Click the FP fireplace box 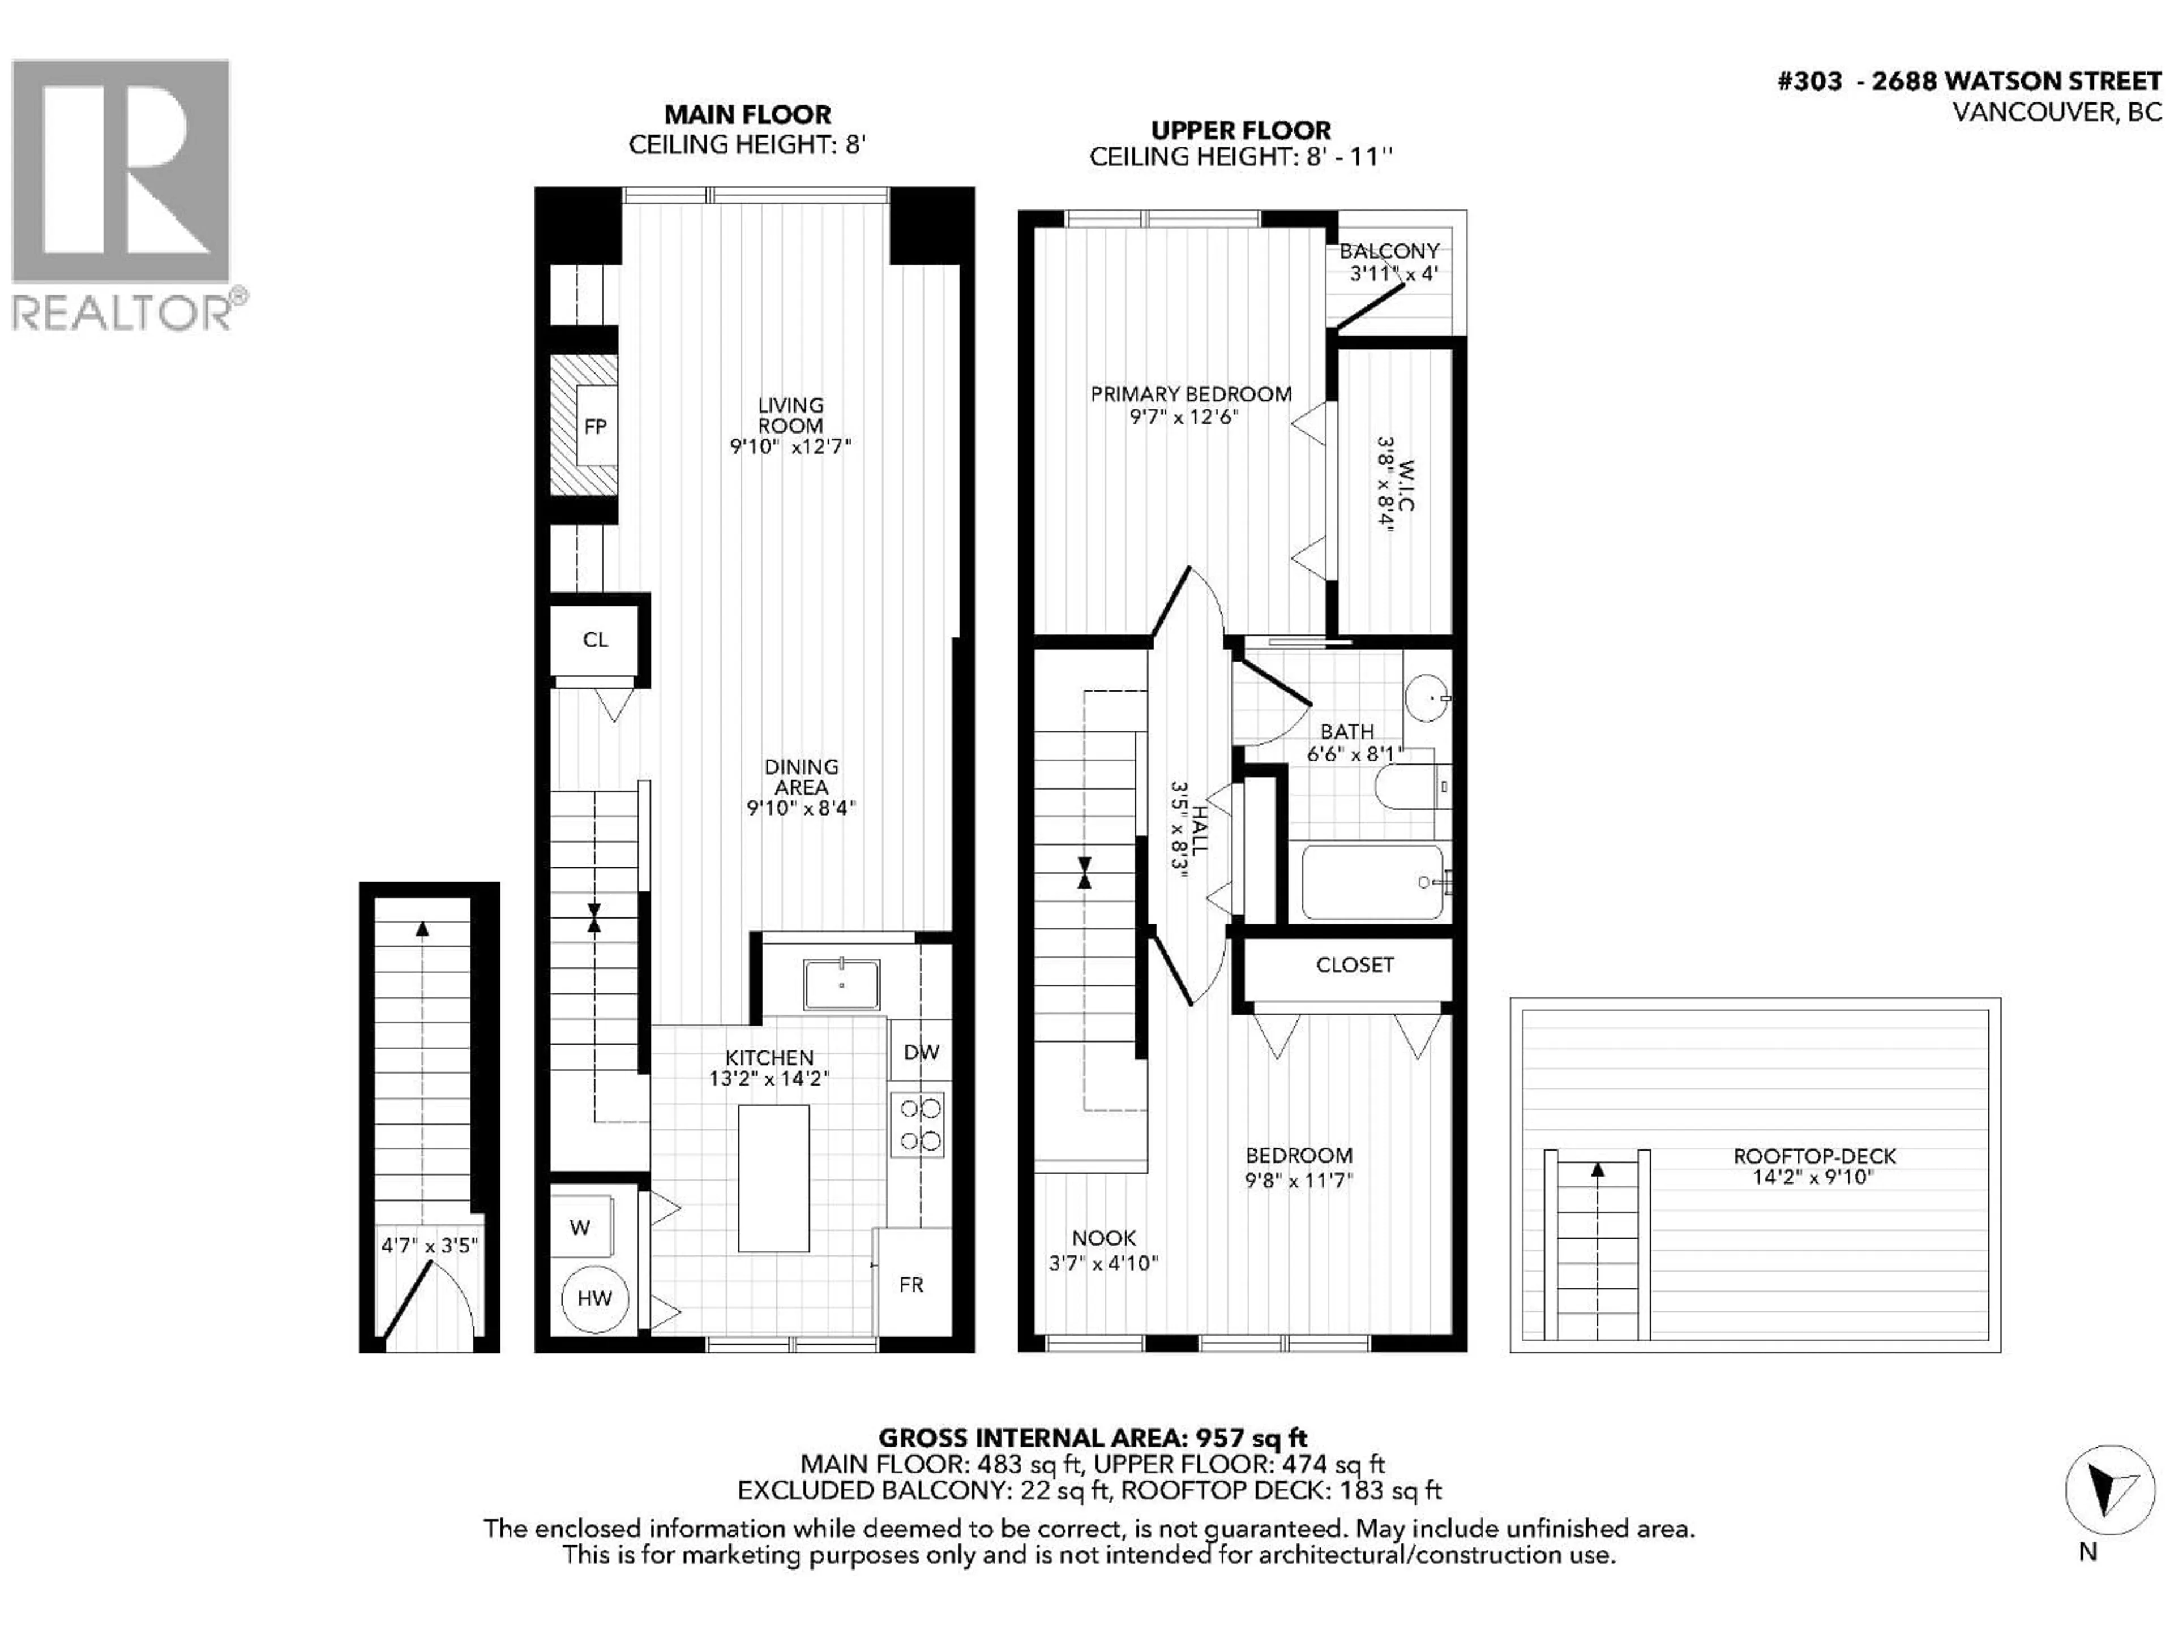[594, 426]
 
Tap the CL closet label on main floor [594, 640]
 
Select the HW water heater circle [594, 1298]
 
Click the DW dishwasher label [921, 1052]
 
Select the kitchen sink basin [841, 984]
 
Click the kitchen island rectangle [773, 1178]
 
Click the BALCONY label [1389, 251]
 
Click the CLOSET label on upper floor [1354, 965]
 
